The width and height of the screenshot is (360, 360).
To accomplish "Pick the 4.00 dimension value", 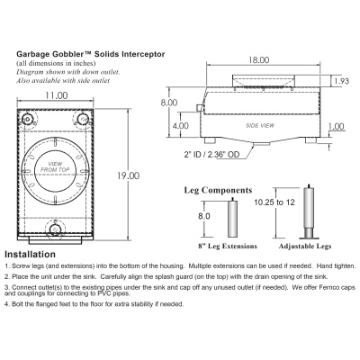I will (181, 125).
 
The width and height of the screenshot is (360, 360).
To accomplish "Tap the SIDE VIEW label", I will (260, 128).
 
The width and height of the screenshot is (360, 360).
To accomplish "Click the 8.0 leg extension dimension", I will (204, 216).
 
